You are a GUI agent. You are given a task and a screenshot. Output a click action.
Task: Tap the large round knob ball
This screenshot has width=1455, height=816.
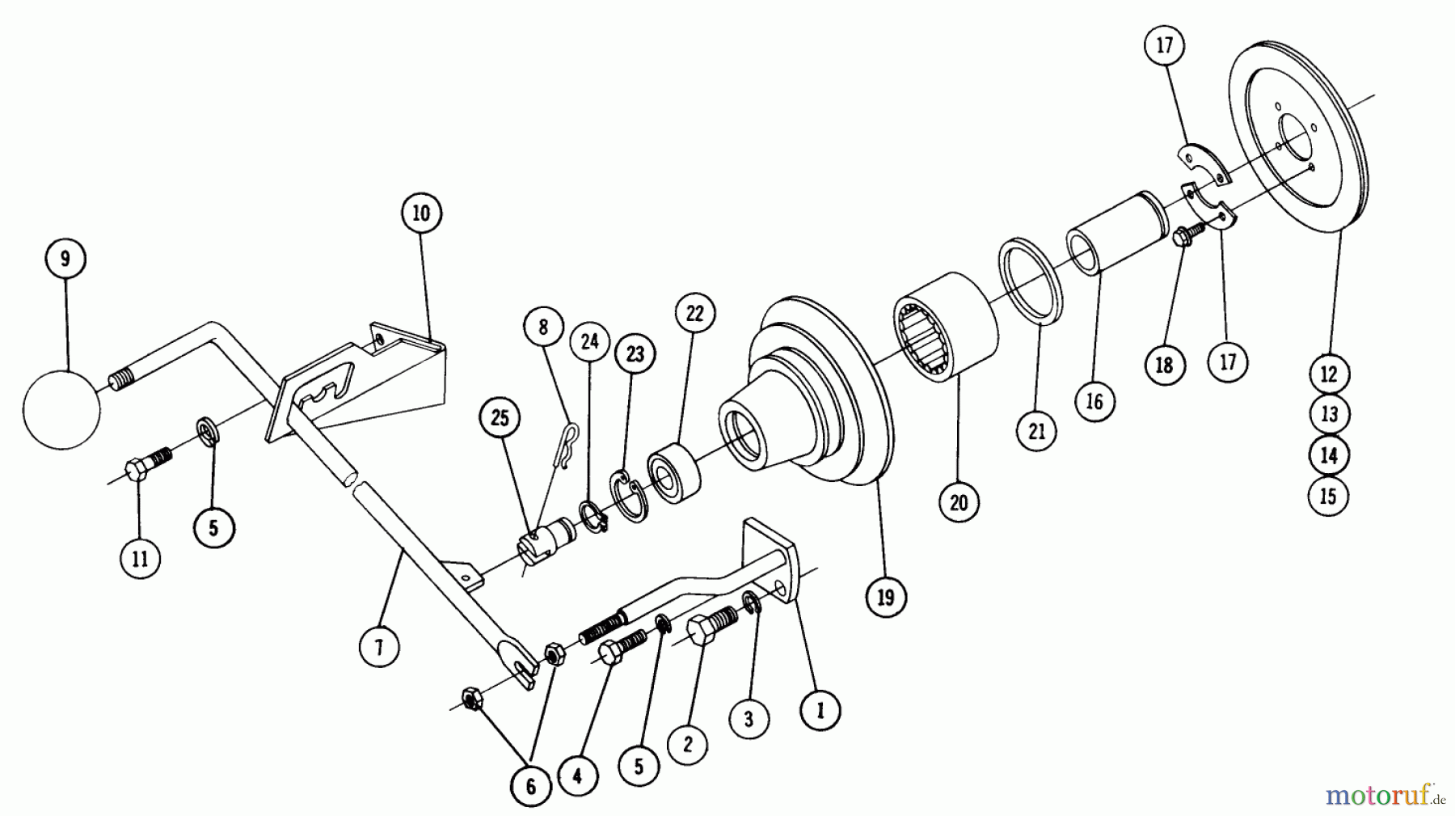point(62,409)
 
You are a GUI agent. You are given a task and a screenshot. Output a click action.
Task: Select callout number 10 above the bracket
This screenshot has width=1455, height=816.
point(421,214)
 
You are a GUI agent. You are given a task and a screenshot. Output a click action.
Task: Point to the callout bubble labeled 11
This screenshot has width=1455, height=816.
point(141,558)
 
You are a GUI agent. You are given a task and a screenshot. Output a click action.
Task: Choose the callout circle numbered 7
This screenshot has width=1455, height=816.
point(379,646)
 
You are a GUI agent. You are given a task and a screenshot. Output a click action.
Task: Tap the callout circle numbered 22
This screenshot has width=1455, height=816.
point(695,315)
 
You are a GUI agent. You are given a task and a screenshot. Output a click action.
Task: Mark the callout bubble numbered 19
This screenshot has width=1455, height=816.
point(886,597)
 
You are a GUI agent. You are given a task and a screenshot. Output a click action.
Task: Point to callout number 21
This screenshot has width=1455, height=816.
point(1037,431)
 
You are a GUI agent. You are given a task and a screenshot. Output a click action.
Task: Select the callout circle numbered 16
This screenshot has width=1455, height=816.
point(1094,402)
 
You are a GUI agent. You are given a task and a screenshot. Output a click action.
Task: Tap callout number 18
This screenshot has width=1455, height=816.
point(1164,366)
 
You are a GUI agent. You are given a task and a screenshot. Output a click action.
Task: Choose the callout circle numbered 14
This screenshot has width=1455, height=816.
point(1329,455)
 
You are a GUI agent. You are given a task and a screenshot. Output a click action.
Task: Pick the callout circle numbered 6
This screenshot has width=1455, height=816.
point(531,786)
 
